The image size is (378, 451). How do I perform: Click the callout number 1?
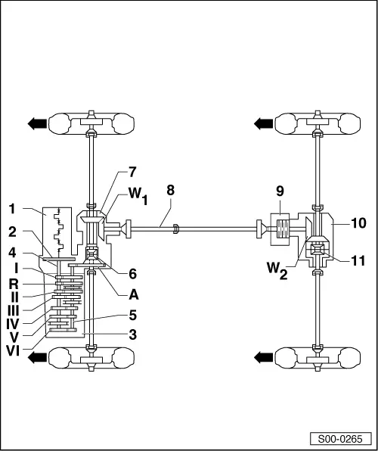(x=12, y=209)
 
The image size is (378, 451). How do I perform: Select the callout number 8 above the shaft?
(x=170, y=191)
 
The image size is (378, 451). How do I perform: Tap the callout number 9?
(x=280, y=191)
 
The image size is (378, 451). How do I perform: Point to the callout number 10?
(x=358, y=223)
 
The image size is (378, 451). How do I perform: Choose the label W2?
(x=277, y=270)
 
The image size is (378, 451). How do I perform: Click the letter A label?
(x=134, y=294)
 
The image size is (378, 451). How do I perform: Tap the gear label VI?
(x=13, y=351)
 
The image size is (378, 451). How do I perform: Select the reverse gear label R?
(x=14, y=285)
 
